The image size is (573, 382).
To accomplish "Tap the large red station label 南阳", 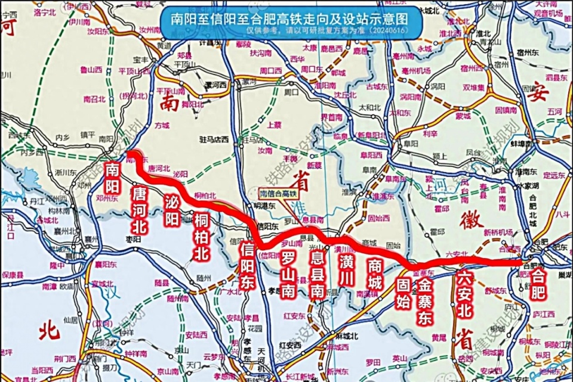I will point(112,177).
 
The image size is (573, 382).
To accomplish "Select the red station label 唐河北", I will point(140,209).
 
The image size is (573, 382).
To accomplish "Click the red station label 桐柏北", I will point(202,237).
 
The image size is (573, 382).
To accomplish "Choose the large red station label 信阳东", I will point(248,266).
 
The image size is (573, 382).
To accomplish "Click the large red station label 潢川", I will point(346,269).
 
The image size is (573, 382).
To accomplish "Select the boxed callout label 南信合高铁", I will point(278,192).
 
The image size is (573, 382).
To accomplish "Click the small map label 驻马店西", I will point(214,140).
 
